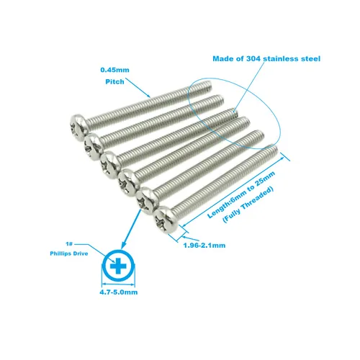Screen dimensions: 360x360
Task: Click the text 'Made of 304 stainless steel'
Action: pyautogui.click(x=266, y=58)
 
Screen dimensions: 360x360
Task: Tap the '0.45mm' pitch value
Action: pyautogui.click(x=114, y=70)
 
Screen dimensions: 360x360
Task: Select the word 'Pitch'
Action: pyautogui.click(x=114, y=81)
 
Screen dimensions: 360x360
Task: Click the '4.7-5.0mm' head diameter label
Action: pyautogui.click(x=119, y=292)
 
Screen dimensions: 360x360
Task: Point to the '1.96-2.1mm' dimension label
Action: pyautogui.click(x=204, y=246)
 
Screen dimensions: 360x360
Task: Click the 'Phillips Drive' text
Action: pyautogui.click(x=69, y=253)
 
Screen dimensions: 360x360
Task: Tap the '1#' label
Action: pyautogui.click(x=69, y=244)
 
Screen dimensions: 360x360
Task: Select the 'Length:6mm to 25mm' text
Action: pyautogui.click(x=241, y=195)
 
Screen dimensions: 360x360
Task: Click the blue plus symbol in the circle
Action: pyautogui.click(x=118, y=266)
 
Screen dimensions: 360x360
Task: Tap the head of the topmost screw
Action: pyautogui.click(x=80, y=127)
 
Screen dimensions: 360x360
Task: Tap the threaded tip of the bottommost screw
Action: pyautogui.click(x=273, y=150)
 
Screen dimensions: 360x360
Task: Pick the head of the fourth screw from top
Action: pyautogui.click(x=128, y=183)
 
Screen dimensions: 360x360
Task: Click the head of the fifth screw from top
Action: pyautogui.click(x=147, y=201)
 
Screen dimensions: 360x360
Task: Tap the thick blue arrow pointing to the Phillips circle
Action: pyautogui.click(x=131, y=229)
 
